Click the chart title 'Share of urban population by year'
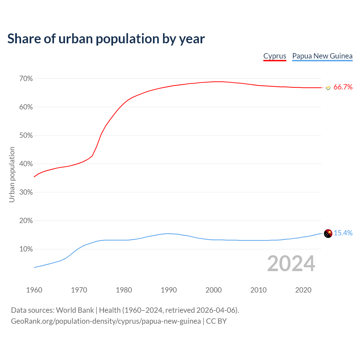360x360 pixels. (x=106, y=39)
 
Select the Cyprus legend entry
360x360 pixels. (x=275, y=56)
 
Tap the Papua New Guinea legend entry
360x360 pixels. (x=322, y=56)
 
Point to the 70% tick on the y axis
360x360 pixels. (x=26, y=79)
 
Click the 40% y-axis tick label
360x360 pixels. (x=26, y=164)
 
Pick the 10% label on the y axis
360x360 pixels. (x=26, y=249)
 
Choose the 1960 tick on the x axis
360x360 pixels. (x=34, y=290)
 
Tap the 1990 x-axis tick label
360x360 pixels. (x=169, y=290)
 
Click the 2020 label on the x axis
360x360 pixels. (x=303, y=290)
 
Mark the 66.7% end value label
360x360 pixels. (x=343, y=87)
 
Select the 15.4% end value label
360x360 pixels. (x=343, y=233)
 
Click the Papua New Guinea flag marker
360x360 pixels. (x=328, y=233)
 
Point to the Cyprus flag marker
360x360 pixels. (x=328, y=87)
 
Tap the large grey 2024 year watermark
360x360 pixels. (x=291, y=264)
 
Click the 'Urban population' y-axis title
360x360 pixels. (x=12, y=174)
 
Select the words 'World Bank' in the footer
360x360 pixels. (x=75, y=310)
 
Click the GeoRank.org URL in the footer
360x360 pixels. (x=106, y=321)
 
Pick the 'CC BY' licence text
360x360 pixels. (x=216, y=321)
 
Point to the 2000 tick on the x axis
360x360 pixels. (x=213, y=290)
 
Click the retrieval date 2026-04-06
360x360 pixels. (x=216, y=310)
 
